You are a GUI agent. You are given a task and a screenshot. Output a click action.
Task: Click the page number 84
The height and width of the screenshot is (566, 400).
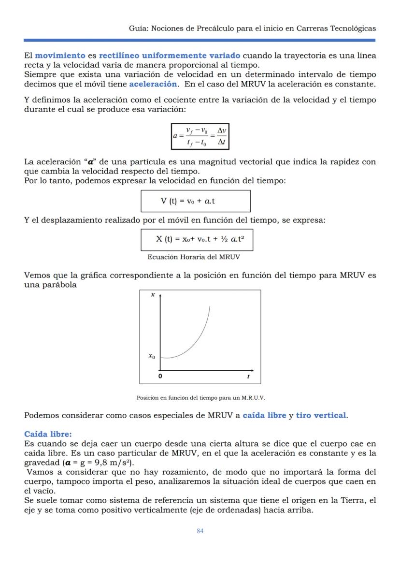(x=200, y=531)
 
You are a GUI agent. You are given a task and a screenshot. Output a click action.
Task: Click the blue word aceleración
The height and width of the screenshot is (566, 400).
(x=153, y=84)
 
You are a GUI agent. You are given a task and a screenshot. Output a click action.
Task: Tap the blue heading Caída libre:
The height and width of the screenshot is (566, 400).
(x=48, y=434)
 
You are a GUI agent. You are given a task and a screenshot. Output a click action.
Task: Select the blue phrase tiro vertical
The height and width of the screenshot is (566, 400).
(x=321, y=415)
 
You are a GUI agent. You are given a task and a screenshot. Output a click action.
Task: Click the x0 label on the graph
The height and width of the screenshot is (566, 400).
(x=152, y=356)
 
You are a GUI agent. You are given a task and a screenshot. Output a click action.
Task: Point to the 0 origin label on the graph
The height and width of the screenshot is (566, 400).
(x=161, y=376)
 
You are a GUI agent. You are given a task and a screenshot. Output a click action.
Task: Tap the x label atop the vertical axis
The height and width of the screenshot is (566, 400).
(x=153, y=294)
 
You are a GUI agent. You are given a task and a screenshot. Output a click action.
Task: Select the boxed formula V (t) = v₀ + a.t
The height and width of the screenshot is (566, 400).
(x=195, y=201)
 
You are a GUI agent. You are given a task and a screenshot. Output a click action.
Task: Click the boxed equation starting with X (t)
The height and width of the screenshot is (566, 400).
(x=197, y=239)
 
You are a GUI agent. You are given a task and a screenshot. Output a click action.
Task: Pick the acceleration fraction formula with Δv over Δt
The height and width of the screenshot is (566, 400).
(x=200, y=137)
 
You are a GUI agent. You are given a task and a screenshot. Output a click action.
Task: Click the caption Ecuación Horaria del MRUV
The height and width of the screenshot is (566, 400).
(x=193, y=257)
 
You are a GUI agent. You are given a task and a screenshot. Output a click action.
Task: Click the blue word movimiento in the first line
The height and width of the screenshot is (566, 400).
(x=60, y=56)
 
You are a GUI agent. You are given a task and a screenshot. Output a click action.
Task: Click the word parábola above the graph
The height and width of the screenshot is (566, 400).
(x=60, y=285)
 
